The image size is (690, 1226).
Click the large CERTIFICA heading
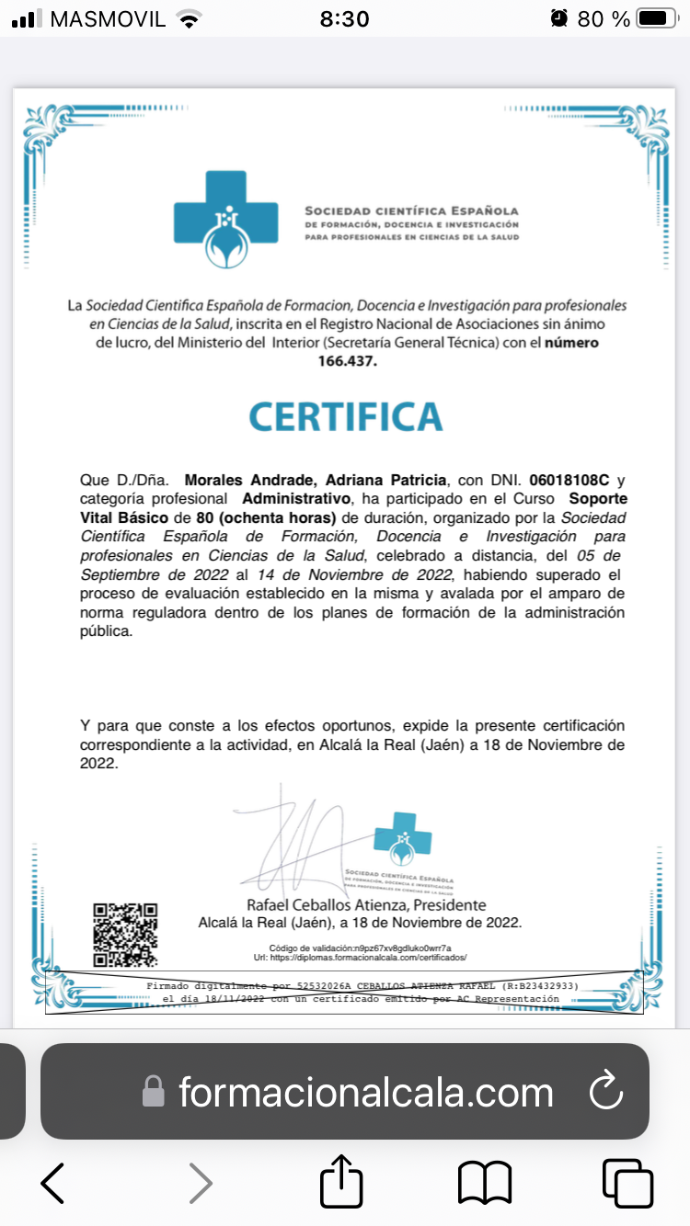click(346, 416)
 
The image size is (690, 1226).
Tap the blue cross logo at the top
click(226, 219)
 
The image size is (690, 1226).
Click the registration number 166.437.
click(347, 361)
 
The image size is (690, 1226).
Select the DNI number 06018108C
click(569, 481)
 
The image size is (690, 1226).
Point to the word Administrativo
click(297, 498)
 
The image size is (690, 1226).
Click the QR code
click(125, 934)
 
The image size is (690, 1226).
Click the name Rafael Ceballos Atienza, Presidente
click(366, 905)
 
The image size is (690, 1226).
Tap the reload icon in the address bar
click(606, 1092)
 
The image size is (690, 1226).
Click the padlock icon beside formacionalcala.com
click(153, 1093)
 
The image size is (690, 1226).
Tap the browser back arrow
click(52, 1183)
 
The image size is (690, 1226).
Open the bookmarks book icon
click(485, 1183)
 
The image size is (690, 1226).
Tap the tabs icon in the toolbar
click(627, 1183)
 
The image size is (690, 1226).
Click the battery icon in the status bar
click(656, 18)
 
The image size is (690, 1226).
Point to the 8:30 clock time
click(345, 18)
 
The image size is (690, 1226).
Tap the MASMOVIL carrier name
click(108, 18)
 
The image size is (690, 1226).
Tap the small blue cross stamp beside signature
click(402, 837)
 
